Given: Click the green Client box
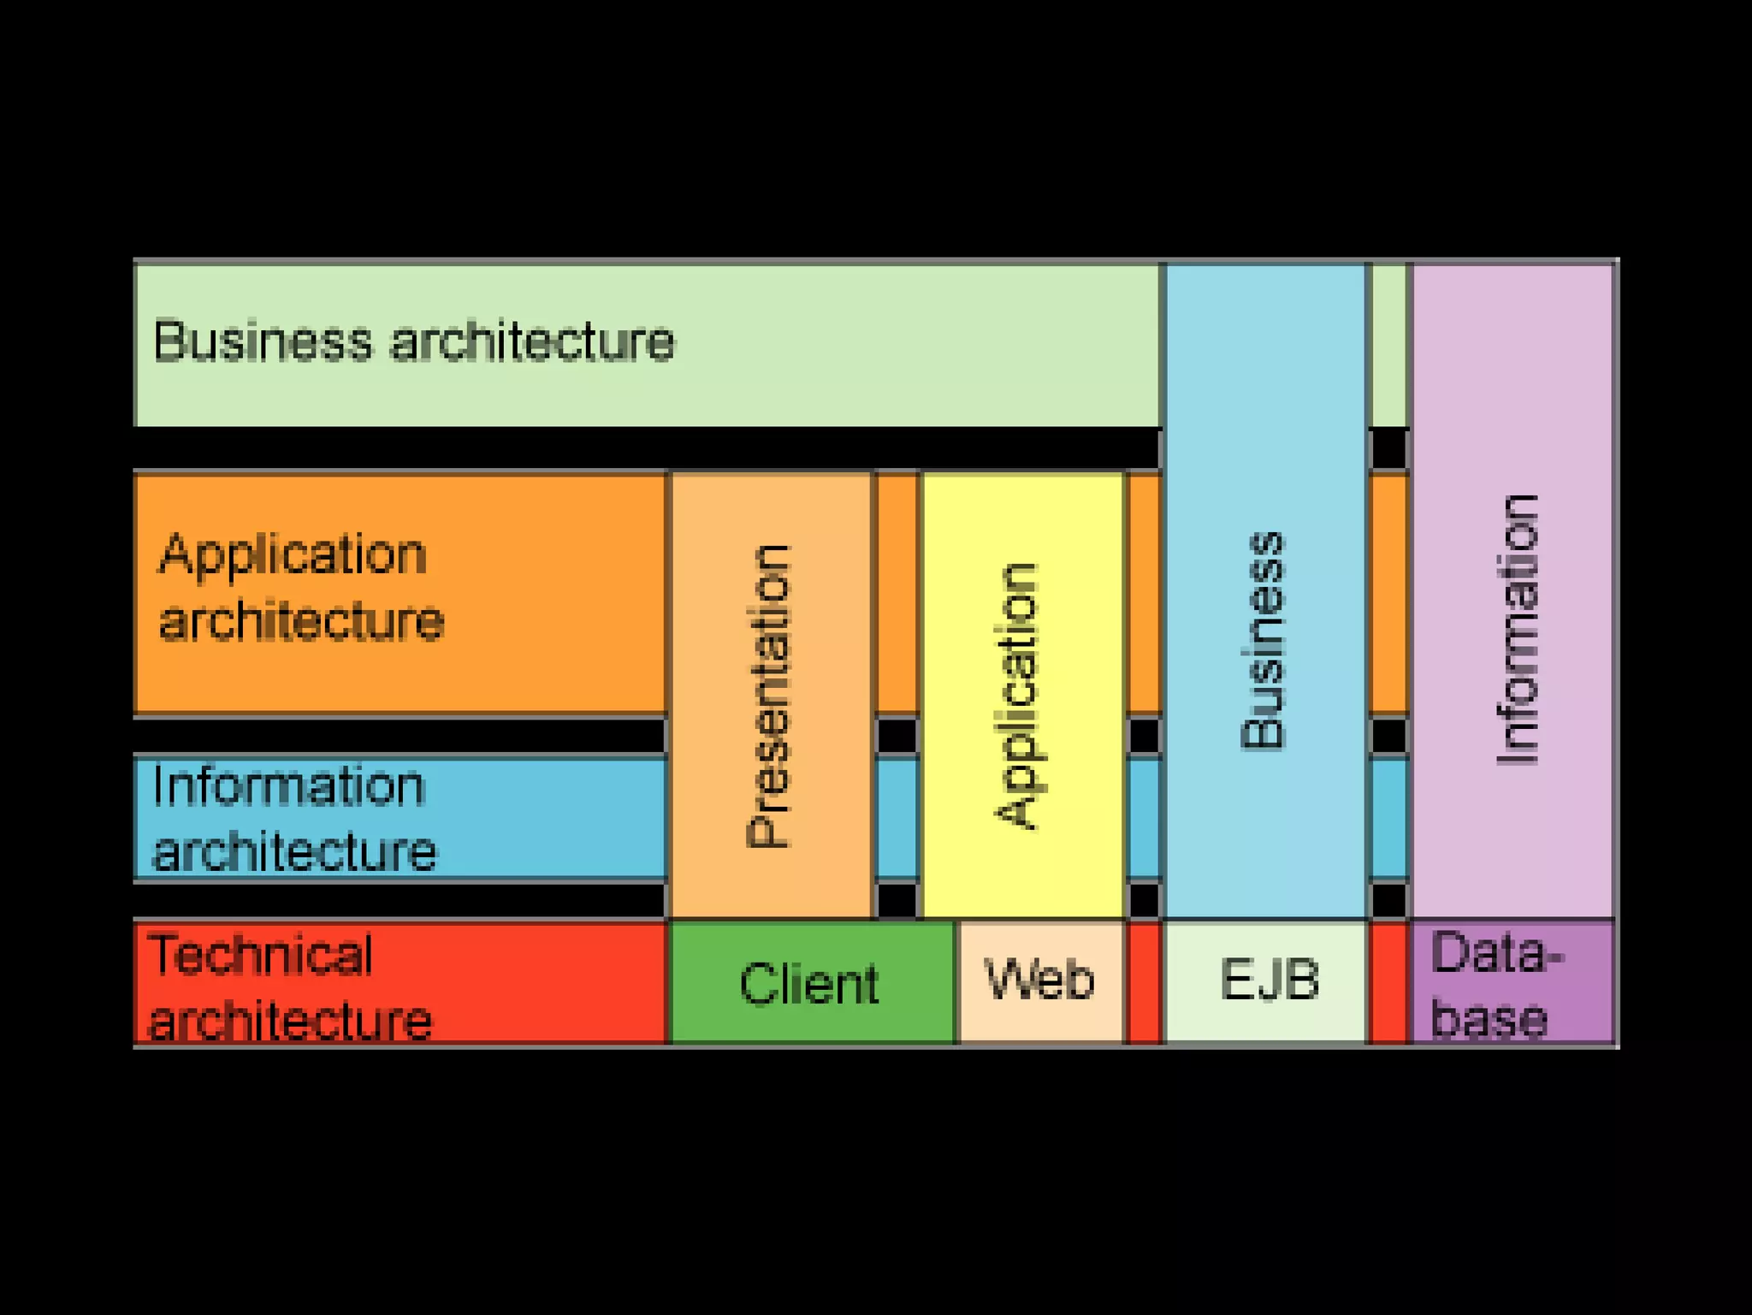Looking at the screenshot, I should click(x=810, y=983).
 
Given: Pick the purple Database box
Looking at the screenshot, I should click(x=1511, y=983).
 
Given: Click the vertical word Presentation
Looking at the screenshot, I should click(x=768, y=696).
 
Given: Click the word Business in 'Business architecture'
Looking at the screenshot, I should click(x=263, y=341).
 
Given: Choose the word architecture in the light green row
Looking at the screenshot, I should click(x=532, y=341).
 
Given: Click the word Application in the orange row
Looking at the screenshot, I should click(x=293, y=555).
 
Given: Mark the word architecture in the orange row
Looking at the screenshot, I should click(x=301, y=621).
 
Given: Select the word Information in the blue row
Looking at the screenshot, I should click(x=288, y=786).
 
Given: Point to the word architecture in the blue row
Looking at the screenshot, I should click(x=294, y=852).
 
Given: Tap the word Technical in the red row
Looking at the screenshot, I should click(x=261, y=955).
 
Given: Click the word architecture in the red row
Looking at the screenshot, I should click(x=290, y=1020).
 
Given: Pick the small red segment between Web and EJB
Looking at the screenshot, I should click(x=1145, y=983).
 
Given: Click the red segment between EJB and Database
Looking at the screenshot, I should click(x=1388, y=983).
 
